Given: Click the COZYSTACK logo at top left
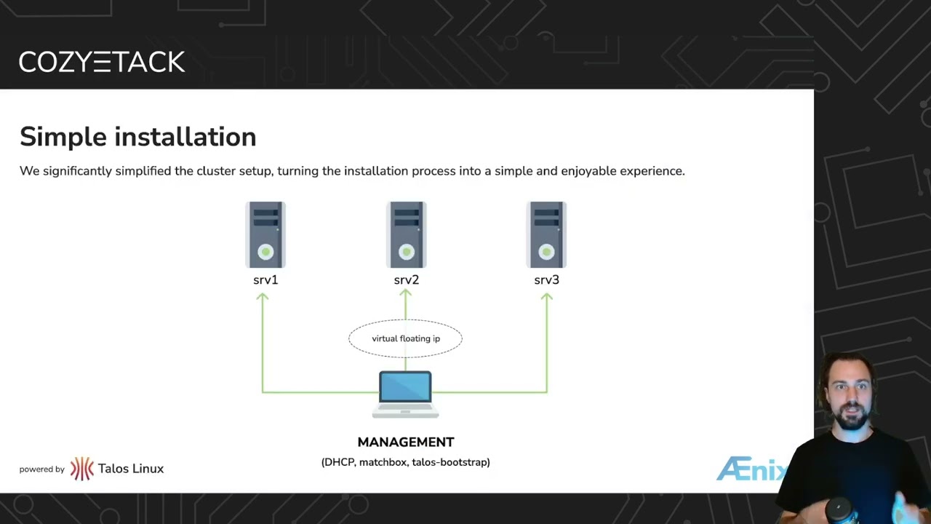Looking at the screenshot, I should pyautogui.click(x=102, y=62).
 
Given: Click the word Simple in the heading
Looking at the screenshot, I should pyautogui.click(x=63, y=137).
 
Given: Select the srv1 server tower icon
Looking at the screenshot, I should pyautogui.click(x=265, y=235).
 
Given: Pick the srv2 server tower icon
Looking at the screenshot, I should pyautogui.click(x=406, y=235).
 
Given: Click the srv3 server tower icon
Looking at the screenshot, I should pyautogui.click(x=546, y=235).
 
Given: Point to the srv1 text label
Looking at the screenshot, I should pyautogui.click(x=265, y=279).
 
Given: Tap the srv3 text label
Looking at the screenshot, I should pyautogui.click(x=546, y=279).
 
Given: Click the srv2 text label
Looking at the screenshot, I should pyautogui.click(x=406, y=279).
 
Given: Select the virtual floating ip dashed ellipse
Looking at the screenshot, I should pyautogui.click(x=405, y=338).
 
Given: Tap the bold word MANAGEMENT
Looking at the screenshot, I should pyautogui.click(x=405, y=442).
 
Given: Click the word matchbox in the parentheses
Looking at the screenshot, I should pyautogui.click(x=383, y=462).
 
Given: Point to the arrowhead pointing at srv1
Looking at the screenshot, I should pyautogui.click(x=263, y=296).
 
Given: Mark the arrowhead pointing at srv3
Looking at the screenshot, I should pyautogui.click(x=546, y=296).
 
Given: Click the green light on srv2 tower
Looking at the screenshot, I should pyautogui.click(x=406, y=253).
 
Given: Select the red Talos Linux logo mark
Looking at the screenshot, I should pyautogui.click(x=82, y=469).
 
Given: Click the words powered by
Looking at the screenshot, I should pyautogui.click(x=42, y=469).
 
